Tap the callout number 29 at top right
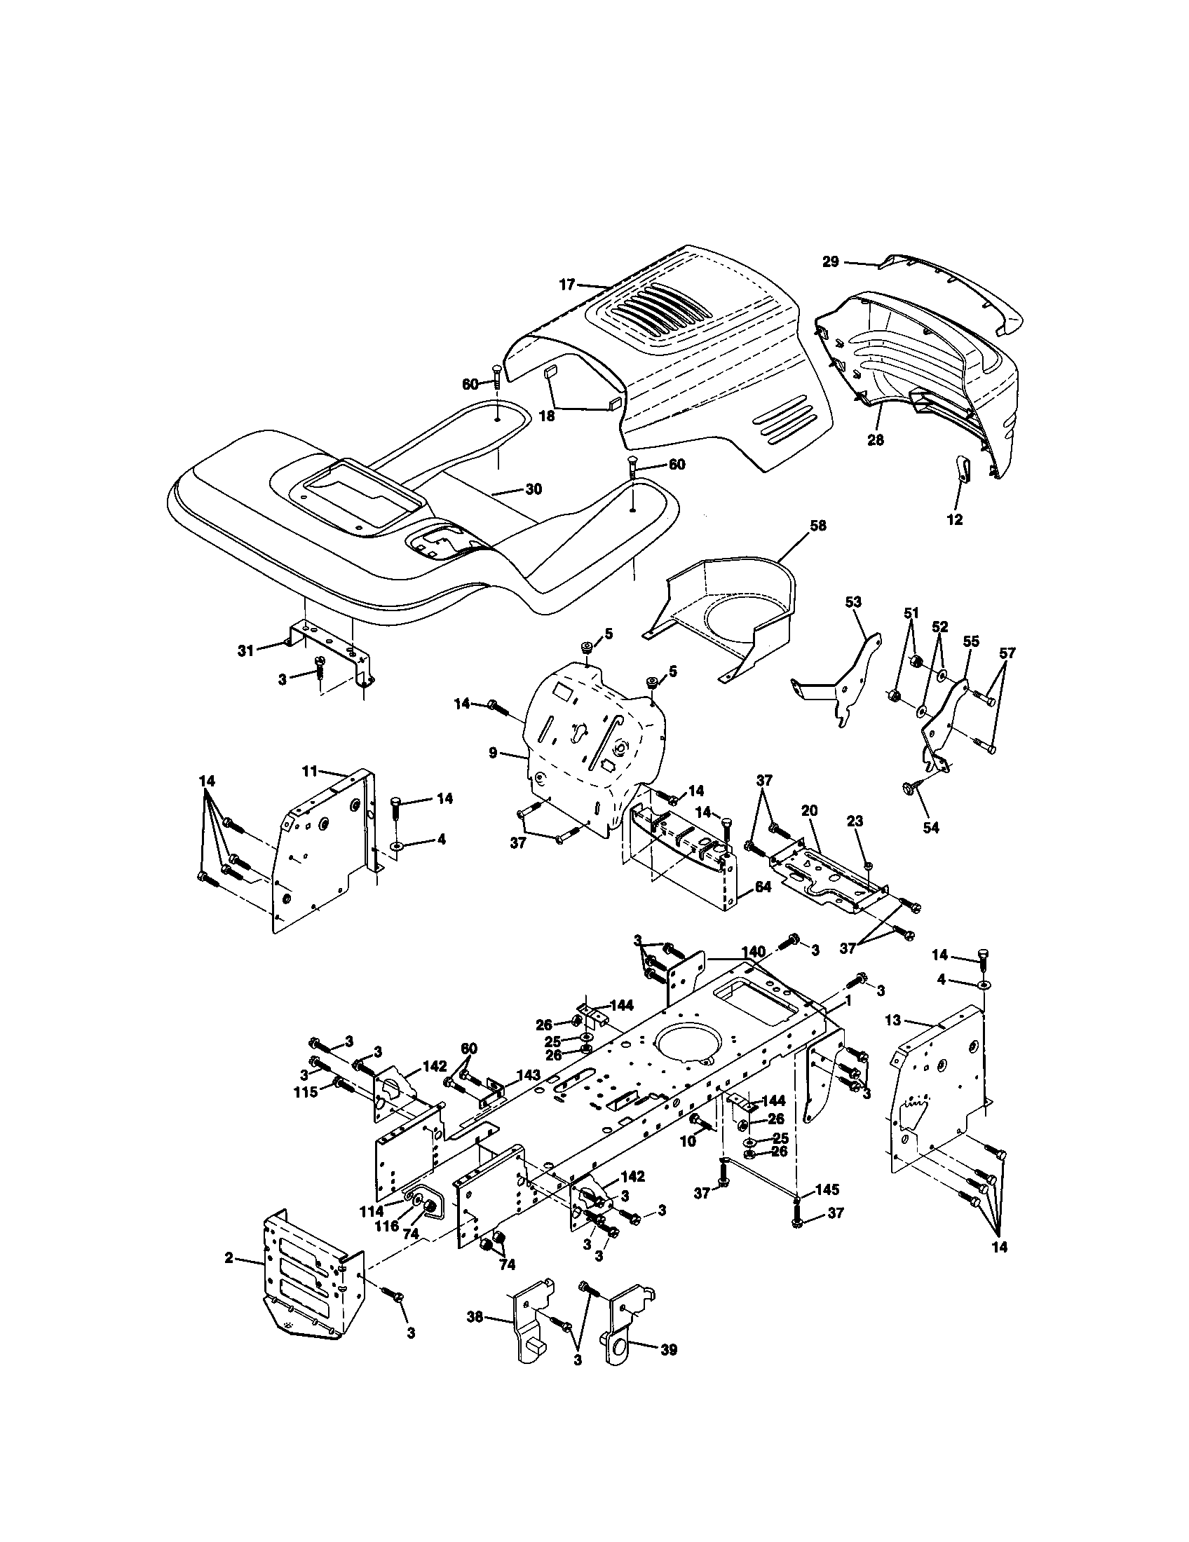coord(830,262)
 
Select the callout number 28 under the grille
coord(876,439)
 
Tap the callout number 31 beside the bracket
coord(245,651)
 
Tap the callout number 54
coord(931,828)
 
